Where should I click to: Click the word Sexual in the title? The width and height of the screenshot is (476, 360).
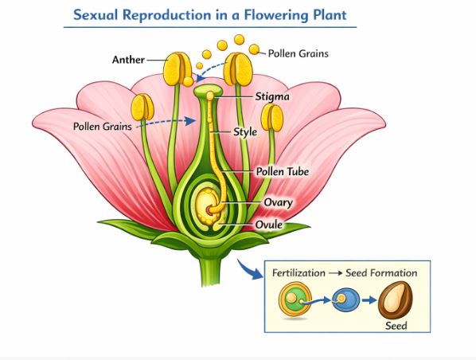pos(98,16)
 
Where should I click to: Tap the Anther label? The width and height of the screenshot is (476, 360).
pos(128,60)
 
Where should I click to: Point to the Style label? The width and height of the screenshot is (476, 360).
pos(244,132)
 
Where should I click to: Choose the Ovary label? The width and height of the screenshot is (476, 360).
pos(278,202)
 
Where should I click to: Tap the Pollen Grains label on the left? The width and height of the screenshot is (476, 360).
pos(103,126)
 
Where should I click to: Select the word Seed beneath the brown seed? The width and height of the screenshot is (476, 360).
pos(396,326)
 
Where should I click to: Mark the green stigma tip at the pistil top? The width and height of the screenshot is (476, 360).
pos(210,93)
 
